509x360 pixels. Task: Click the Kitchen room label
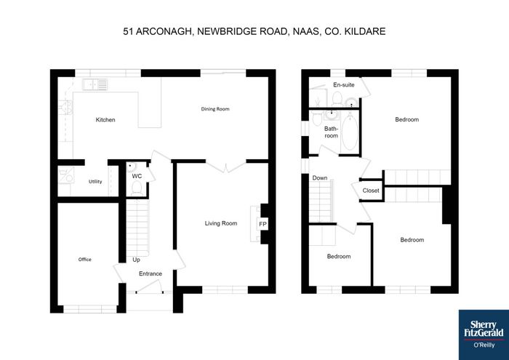pyautogui.click(x=105, y=120)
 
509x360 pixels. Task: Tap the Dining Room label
pyautogui.click(x=215, y=109)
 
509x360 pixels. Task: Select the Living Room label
pyautogui.click(x=221, y=223)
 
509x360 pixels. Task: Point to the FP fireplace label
pyautogui.click(x=262, y=224)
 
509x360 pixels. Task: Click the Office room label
pyautogui.click(x=85, y=260)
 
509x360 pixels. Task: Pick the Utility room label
pyautogui.click(x=95, y=182)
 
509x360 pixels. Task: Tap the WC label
pyautogui.click(x=137, y=176)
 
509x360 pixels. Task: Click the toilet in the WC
pyautogui.click(x=137, y=188)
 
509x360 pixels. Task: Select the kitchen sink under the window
pyautogui.click(x=95, y=84)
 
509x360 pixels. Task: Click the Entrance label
pyautogui.click(x=151, y=273)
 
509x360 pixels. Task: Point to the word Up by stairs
pyautogui.click(x=137, y=260)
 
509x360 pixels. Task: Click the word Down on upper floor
pyautogui.click(x=320, y=178)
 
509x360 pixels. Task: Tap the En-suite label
pyautogui.click(x=344, y=85)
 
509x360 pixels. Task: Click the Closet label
pyautogui.click(x=371, y=191)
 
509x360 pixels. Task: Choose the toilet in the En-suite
pyautogui.click(x=337, y=98)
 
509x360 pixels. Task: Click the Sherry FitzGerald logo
pyautogui.click(x=484, y=335)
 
